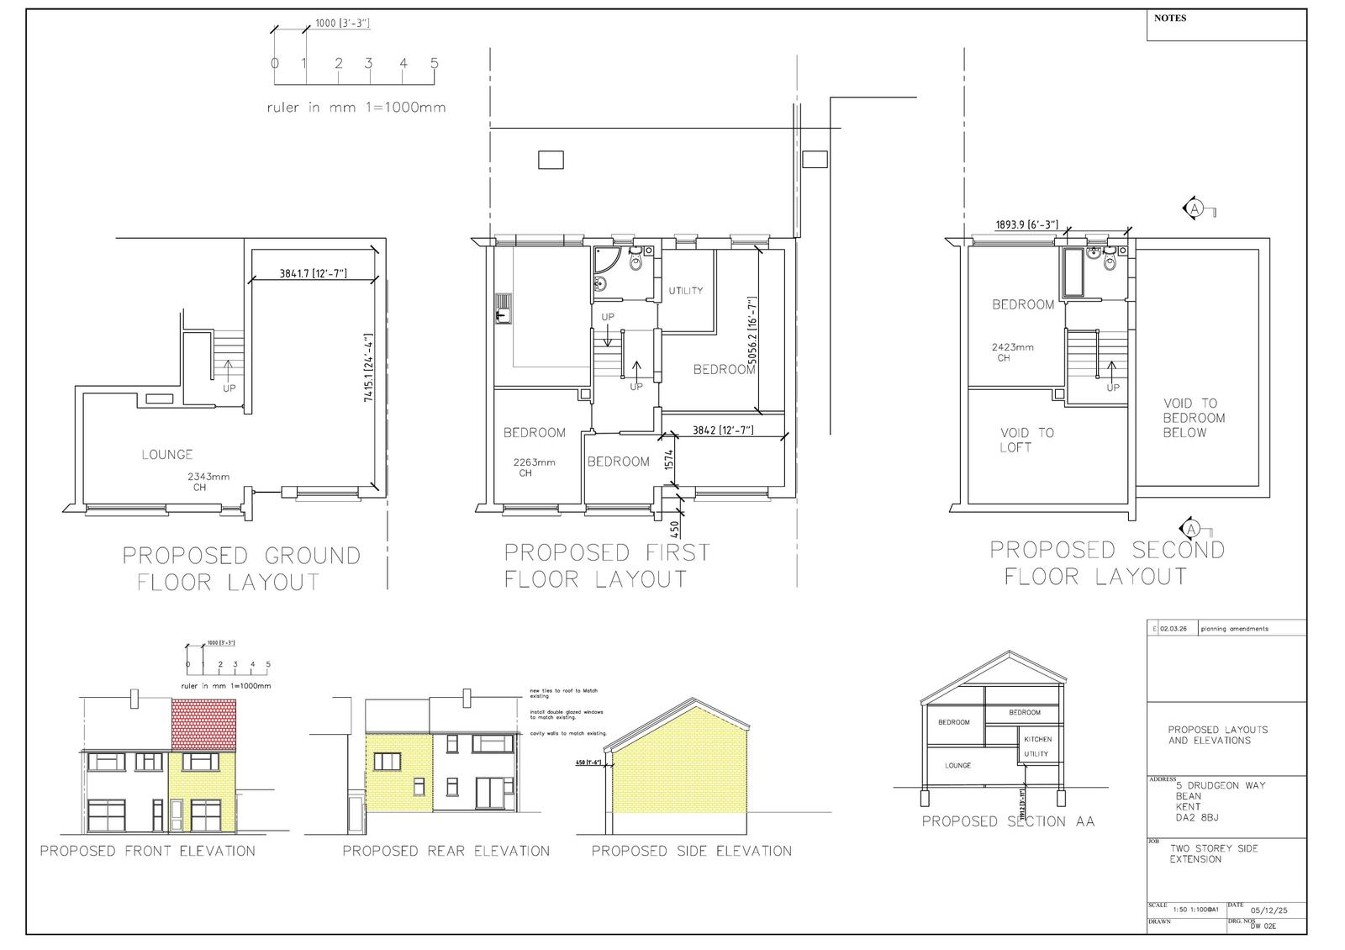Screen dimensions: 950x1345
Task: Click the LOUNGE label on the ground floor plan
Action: tap(167, 455)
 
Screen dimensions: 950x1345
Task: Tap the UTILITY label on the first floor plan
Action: tap(686, 291)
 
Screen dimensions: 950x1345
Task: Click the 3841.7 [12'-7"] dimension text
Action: tap(314, 273)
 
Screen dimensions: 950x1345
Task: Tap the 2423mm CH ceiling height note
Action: tap(1012, 352)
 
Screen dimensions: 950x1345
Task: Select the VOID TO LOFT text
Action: tap(1026, 440)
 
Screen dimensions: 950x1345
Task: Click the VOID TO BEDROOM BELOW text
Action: tap(1194, 418)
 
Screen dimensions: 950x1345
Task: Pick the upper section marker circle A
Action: tap(1194, 208)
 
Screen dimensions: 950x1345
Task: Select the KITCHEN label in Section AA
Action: tap(1037, 740)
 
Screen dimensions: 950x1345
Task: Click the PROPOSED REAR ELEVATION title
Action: tap(446, 851)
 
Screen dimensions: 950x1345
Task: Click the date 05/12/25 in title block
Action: tap(1269, 910)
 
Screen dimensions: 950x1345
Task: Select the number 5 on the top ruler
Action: tap(435, 63)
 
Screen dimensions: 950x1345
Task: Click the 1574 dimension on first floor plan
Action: tap(669, 459)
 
